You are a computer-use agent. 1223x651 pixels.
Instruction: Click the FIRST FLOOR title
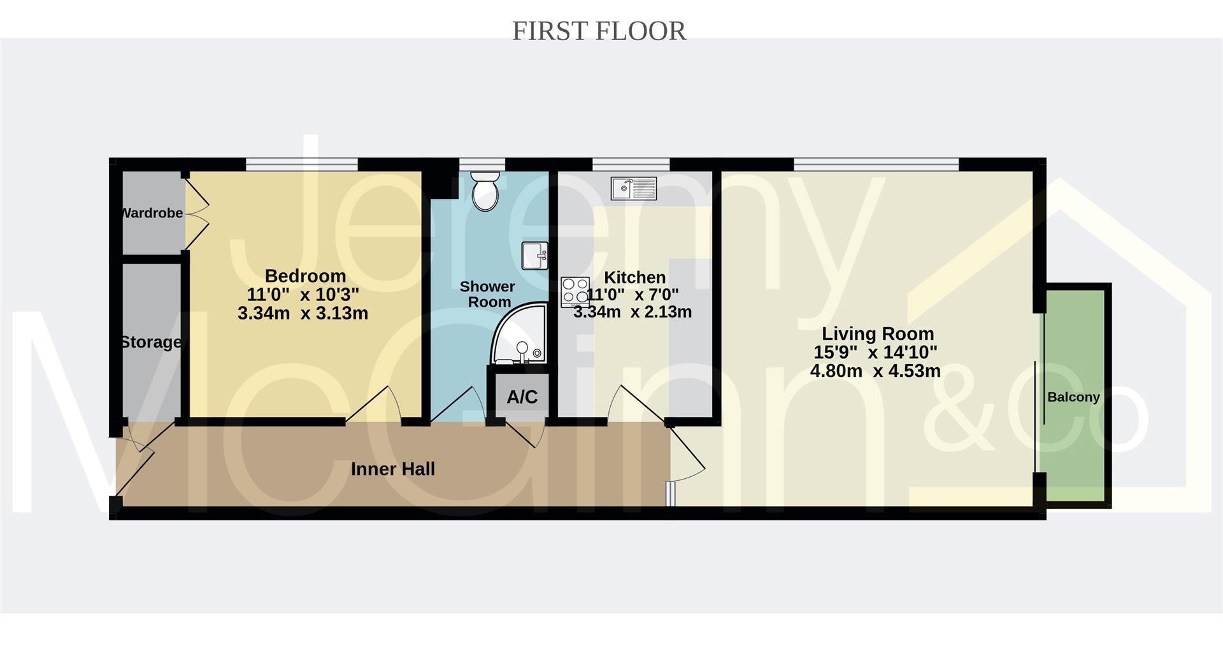[599, 31]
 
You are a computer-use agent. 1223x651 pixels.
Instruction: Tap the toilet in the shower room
[485, 190]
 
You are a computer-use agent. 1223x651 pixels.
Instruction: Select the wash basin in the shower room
[534, 256]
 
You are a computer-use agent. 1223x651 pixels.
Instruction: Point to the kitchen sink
[633, 188]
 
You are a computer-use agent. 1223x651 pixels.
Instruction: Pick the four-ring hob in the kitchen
[575, 291]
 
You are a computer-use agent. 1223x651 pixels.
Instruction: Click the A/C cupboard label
[522, 397]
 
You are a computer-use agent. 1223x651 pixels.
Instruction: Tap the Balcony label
[1073, 397]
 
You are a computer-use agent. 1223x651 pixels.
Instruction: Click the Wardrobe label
[152, 213]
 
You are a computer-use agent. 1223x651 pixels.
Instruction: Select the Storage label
[151, 342]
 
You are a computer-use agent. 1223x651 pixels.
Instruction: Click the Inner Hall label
[393, 469]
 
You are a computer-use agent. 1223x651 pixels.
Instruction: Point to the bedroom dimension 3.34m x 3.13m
[303, 313]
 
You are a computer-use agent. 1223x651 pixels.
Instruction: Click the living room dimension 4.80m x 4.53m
[875, 371]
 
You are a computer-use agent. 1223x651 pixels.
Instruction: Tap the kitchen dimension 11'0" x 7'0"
[633, 295]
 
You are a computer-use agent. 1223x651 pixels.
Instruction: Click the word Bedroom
[305, 276]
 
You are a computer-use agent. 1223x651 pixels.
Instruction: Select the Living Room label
[878, 333]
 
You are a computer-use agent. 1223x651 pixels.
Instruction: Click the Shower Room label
[488, 294]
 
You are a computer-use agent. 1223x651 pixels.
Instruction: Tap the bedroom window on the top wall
[302, 165]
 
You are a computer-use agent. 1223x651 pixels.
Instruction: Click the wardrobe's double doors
[196, 214]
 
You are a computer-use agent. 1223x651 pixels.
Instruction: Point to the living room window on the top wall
[876, 165]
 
